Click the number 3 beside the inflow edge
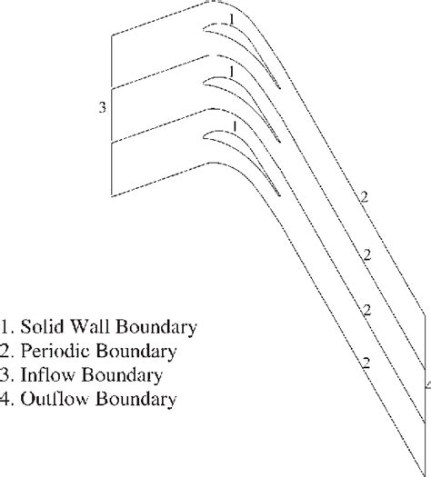point(103,107)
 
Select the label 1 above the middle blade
point(232,71)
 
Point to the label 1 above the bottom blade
point(235,125)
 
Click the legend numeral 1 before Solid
point(7,325)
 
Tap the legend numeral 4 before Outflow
point(7,399)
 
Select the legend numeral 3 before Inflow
point(7,374)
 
